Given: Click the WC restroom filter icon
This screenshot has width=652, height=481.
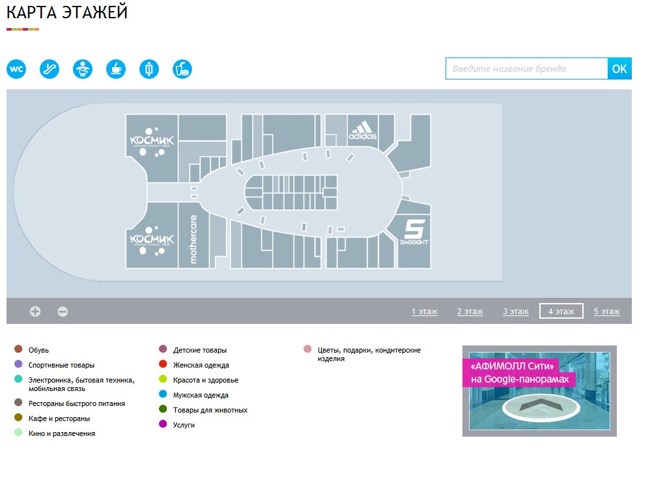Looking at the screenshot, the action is pos(16,68).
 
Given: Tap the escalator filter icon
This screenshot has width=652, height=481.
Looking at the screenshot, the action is pos(50,68).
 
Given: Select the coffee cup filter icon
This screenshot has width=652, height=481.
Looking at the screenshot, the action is pos(116,68).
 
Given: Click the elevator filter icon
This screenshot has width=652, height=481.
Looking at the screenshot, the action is pos(149,68).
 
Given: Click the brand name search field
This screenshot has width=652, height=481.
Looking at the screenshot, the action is pos(526,68).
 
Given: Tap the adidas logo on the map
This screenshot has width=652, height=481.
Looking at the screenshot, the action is pos(362,131).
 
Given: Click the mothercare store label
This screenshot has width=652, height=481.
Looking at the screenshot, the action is pos(193,239).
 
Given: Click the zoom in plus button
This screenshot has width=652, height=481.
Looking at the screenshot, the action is pos(35,312).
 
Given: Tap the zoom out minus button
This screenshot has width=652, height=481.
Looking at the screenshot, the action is pos(63,312).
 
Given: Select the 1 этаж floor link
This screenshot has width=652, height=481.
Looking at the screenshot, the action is pos(425,312).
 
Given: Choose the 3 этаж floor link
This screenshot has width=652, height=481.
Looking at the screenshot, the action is pos(516,312).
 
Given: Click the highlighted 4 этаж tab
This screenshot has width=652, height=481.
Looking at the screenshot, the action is pos(561,312).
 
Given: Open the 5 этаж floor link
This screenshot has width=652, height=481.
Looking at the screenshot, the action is pos(607,312).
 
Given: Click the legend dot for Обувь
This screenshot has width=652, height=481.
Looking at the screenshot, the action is pos(18,350).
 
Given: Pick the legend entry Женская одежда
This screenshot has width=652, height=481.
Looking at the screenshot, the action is pos(201,365).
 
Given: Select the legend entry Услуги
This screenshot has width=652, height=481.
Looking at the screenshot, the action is pos(184,425).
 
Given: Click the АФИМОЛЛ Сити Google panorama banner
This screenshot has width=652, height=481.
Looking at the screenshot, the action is pos(539,390).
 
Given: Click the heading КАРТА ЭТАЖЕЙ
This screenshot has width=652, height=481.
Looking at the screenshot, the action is pos(67,13).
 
